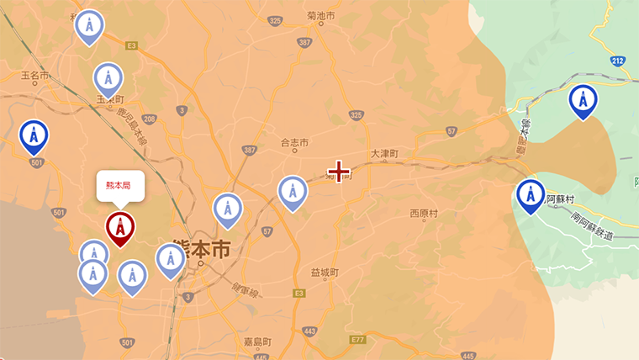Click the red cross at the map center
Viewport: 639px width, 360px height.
coord(339,172)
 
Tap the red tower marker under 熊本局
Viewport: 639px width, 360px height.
coord(120,227)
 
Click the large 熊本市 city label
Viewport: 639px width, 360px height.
coord(200,249)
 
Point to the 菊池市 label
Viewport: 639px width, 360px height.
coord(321,16)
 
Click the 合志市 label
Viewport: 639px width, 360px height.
coord(295,143)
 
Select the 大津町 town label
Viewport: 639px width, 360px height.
coord(383,155)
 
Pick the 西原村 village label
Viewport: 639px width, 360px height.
coord(424,214)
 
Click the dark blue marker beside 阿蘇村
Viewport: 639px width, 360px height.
coord(531,195)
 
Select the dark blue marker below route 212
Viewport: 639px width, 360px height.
coord(583,100)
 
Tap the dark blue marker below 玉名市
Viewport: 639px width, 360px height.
coord(34,136)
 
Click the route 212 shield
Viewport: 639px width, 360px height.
coord(618,61)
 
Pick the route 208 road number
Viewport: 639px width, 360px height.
coord(150,119)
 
